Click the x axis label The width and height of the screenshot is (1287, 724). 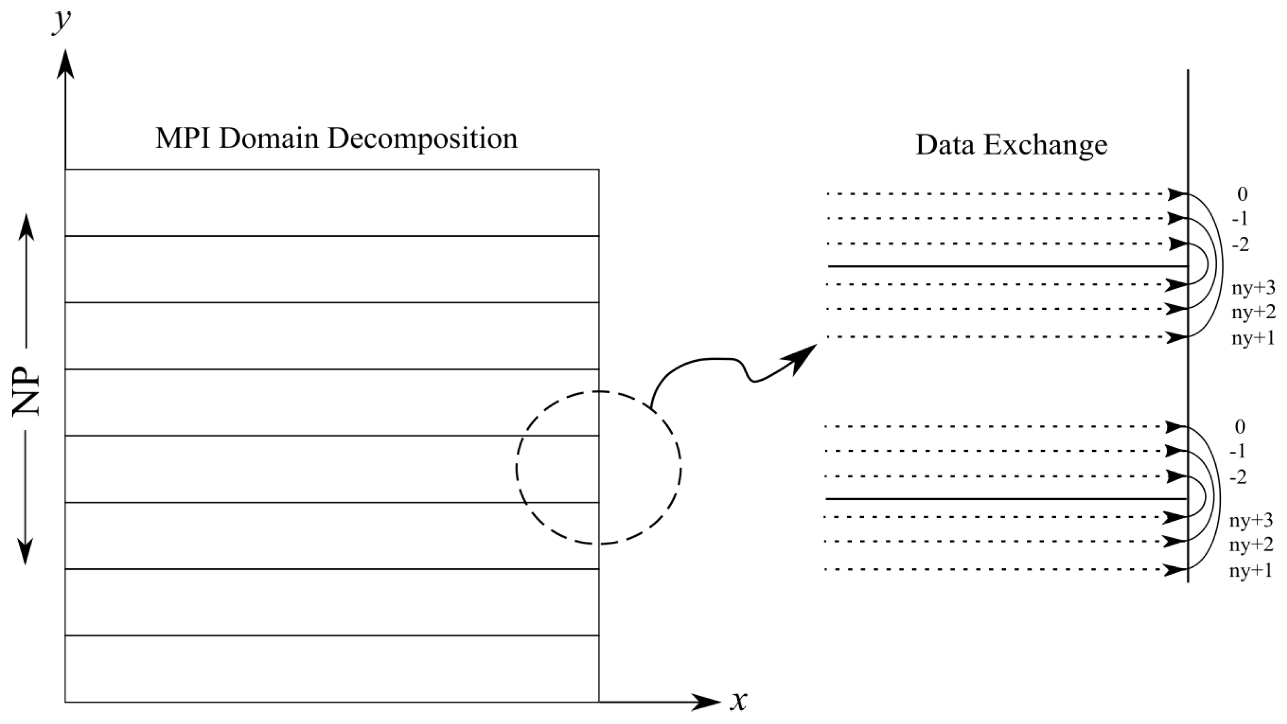738,701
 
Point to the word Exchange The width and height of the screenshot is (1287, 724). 1046,146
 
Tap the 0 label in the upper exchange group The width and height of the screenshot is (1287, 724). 1242,194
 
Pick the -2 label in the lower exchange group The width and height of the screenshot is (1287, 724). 1238,477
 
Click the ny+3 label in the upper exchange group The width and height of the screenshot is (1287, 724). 1253,288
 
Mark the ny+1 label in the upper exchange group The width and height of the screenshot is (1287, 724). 1253,338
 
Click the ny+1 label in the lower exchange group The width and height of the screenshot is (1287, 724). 1251,571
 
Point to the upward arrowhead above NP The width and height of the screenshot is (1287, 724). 27,227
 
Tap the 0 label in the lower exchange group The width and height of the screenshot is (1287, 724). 1240,427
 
